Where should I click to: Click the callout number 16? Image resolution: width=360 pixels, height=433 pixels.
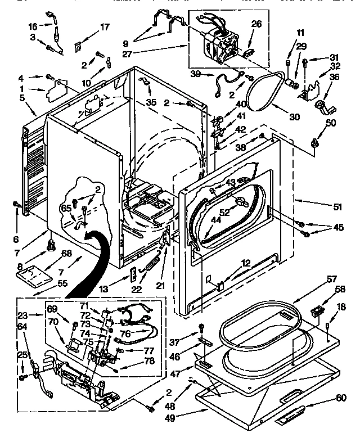(x=33, y=26)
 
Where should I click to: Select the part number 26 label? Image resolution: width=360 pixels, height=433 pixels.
(x=256, y=24)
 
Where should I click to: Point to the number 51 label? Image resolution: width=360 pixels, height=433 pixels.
(x=337, y=207)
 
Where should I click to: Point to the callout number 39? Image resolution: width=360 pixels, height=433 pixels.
(x=195, y=74)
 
